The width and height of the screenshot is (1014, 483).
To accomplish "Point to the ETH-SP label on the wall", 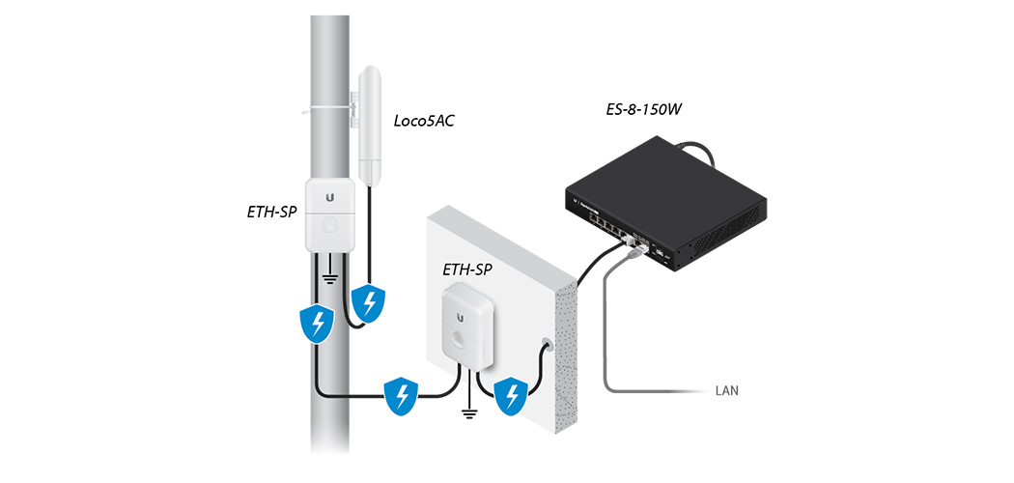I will point(467,270).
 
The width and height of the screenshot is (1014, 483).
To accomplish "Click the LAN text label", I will point(726,392).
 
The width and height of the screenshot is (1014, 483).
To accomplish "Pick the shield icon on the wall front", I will point(509,396).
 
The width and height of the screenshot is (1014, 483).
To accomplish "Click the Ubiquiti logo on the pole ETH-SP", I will point(330,196).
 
